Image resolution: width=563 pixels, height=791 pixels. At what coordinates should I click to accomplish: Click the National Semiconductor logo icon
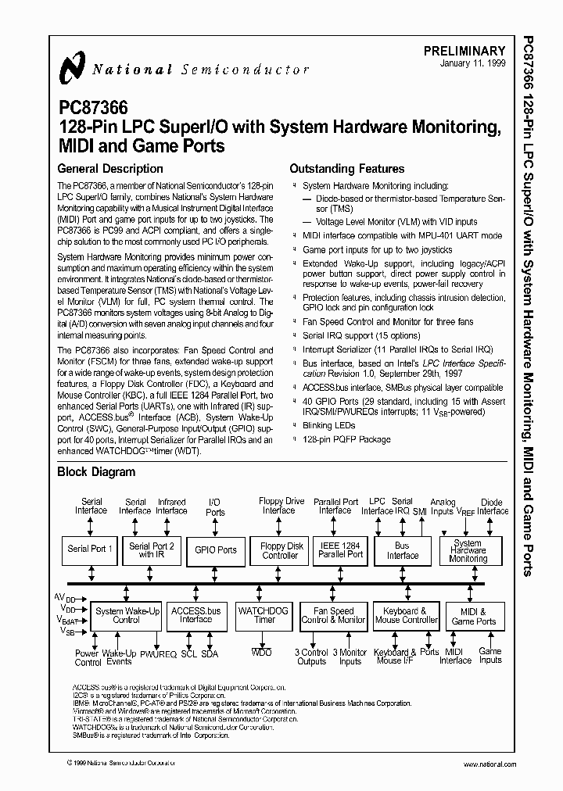click(x=72, y=69)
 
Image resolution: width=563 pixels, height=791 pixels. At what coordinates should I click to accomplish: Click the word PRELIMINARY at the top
click(x=464, y=51)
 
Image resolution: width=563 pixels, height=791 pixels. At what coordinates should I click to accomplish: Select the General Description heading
click(x=110, y=168)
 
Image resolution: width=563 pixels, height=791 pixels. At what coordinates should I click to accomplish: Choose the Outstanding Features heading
click(x=346, y=168)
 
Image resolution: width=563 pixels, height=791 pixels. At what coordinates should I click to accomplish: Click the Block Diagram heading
click(x=96, y=471)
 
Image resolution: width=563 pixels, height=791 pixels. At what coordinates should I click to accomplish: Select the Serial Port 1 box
click(x=91, y=549)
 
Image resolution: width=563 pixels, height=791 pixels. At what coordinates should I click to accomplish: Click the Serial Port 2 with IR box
click(x=152, y=550)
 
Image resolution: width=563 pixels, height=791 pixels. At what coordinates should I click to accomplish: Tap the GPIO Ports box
click(x=216, y=550)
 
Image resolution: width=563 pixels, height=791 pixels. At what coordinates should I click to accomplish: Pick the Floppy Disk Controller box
click(x=281, y=550)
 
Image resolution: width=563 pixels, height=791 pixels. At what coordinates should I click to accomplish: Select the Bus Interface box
click(x=403, y=550)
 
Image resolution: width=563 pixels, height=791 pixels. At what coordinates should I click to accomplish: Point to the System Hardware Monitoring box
click(x=468, y=550)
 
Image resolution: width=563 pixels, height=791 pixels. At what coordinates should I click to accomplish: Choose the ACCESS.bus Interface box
click(x=196, y=615)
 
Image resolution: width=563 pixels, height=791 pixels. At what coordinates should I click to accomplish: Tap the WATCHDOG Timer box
click(x=264, y=615)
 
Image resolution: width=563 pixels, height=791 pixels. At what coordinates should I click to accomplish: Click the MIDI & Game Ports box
click(x=474, y=616)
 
